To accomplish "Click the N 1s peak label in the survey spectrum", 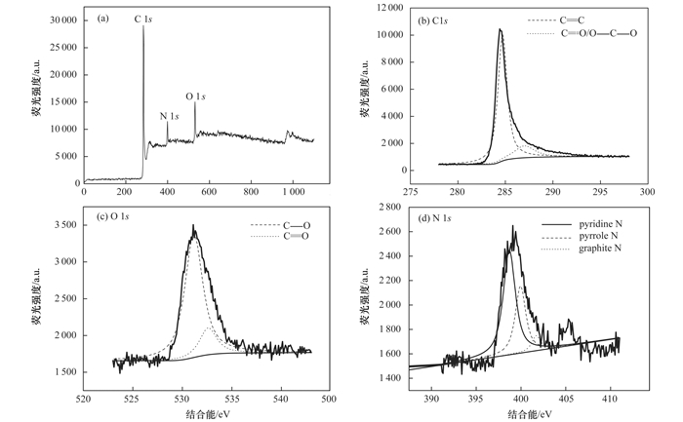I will tap(169, 116).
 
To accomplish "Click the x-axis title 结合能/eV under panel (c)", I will tap(206, 414).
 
